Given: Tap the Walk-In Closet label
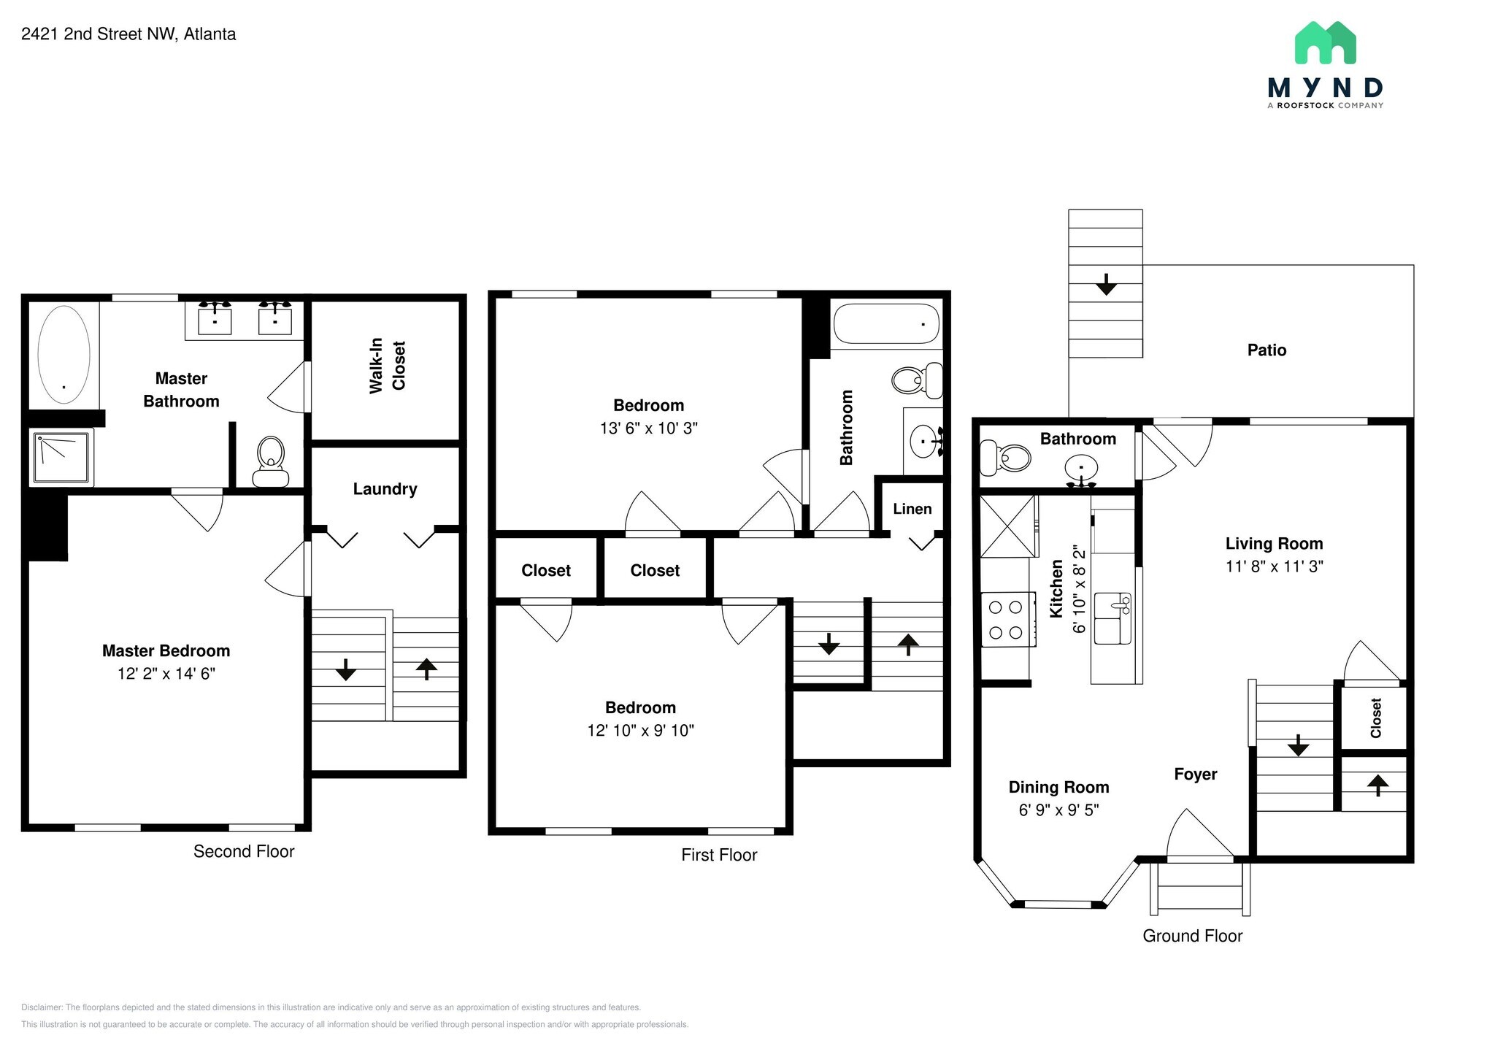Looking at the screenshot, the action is pyautogui.click(x=387, y=366).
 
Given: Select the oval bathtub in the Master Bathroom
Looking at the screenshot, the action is pyautogui.click(x=64, y=354).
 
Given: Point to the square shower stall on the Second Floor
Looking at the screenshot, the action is pyautogui.click(x=63, y=456).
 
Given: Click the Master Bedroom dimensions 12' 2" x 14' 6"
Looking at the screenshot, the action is pyautogui.click(x=166, y=674).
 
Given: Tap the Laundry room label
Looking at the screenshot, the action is pyautogui.click(x=385, y=489).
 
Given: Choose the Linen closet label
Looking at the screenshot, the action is pyautogui.click(x=912, y=509).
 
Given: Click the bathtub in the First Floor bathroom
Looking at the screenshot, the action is pyautogui.click(x=886, y=323).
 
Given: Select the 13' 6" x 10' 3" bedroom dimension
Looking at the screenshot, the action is pyautogui.click(x=649, y=428).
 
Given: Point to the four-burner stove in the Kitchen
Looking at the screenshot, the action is pyautogui.click(x=1007, y=619).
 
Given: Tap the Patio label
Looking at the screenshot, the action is pyautogui.click(x=1267, y=350).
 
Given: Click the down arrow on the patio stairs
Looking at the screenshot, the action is pyautogui.click(x=1107, y=284).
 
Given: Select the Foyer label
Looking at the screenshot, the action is pyautogui.click(x=1196, y=774).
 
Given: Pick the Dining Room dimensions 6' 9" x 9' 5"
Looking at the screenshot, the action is pyautogui.click(x=1059, y=810).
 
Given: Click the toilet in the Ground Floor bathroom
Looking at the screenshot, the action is pyautogui.click(x=1005, y=458).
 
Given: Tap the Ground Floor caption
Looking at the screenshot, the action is pyautogui.click(x=1192, y=936).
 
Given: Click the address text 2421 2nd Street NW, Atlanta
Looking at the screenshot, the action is pyautogui.click(x=128, y=34).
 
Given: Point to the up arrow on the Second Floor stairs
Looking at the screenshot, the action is pyautogui.click(x=426, y=669).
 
